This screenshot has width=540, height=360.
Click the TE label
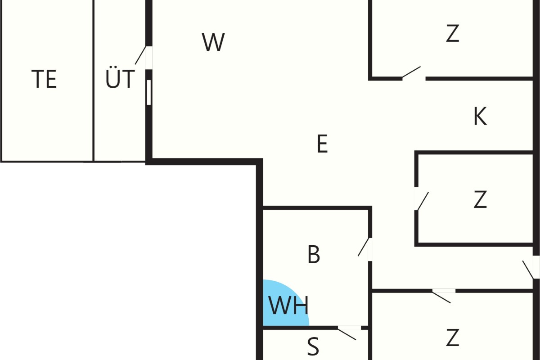click(x=44, y=79)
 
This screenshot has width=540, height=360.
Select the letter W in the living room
click(x=213, y=42)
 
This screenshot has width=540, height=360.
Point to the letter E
click(x=322, y=144)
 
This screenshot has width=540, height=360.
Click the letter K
click(x=480, y=116)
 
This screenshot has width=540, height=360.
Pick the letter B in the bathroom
click(x=314, y=254)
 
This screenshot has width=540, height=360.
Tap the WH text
click(x=288, y=306)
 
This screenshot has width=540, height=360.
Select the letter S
click(x=313, y=346)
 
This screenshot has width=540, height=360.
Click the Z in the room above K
click(x=453, y=33)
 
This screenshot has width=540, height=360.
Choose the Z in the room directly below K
click(x=480, y=199)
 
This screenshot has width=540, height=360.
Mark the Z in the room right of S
click(x=453, y=337)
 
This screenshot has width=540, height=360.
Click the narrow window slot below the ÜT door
click(x=149, y=93)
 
